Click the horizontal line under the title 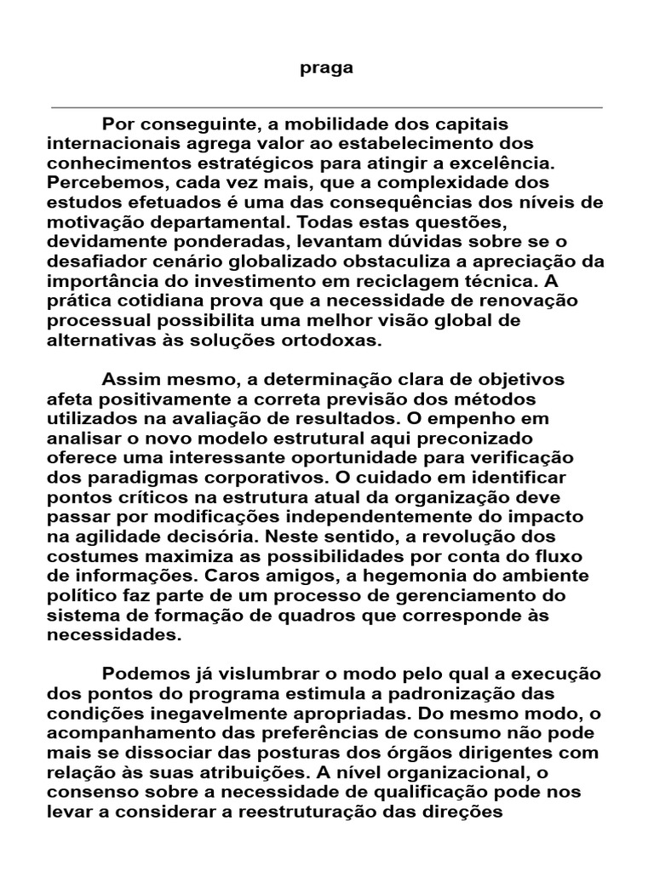326,108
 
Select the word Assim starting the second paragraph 127,379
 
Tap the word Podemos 141,674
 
